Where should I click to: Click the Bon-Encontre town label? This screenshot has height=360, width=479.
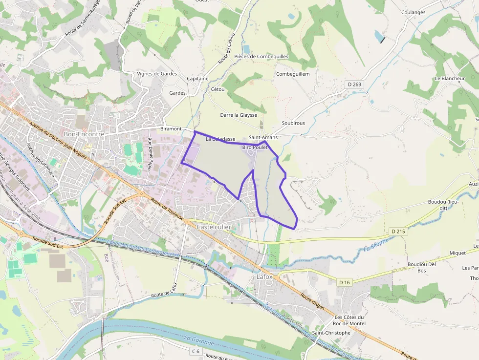coord(84,134)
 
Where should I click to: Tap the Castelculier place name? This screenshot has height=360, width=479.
coord(214,227)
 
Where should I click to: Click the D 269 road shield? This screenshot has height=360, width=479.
coord(355,85)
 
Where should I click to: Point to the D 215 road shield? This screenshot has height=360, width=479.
coord(399,231)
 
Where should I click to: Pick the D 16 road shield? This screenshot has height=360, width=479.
coord(345,282)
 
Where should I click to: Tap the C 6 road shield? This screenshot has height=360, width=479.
coord(196,351)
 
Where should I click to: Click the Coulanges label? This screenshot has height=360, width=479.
coord(413,13)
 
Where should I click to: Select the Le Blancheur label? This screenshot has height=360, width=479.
coord(450,78)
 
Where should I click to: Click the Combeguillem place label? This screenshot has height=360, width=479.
coord(293,74)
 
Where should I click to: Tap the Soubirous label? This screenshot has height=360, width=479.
coord(293,123)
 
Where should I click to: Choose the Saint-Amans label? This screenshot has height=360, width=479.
coord(263,137)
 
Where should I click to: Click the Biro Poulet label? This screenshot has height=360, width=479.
coord(255,147)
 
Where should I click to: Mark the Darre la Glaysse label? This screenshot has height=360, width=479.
coord(239,115)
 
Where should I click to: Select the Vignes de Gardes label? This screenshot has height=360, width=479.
coord(157,74)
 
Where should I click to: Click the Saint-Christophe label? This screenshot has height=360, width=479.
coord(331,333)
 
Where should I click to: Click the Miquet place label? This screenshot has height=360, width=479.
coord(457,253)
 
